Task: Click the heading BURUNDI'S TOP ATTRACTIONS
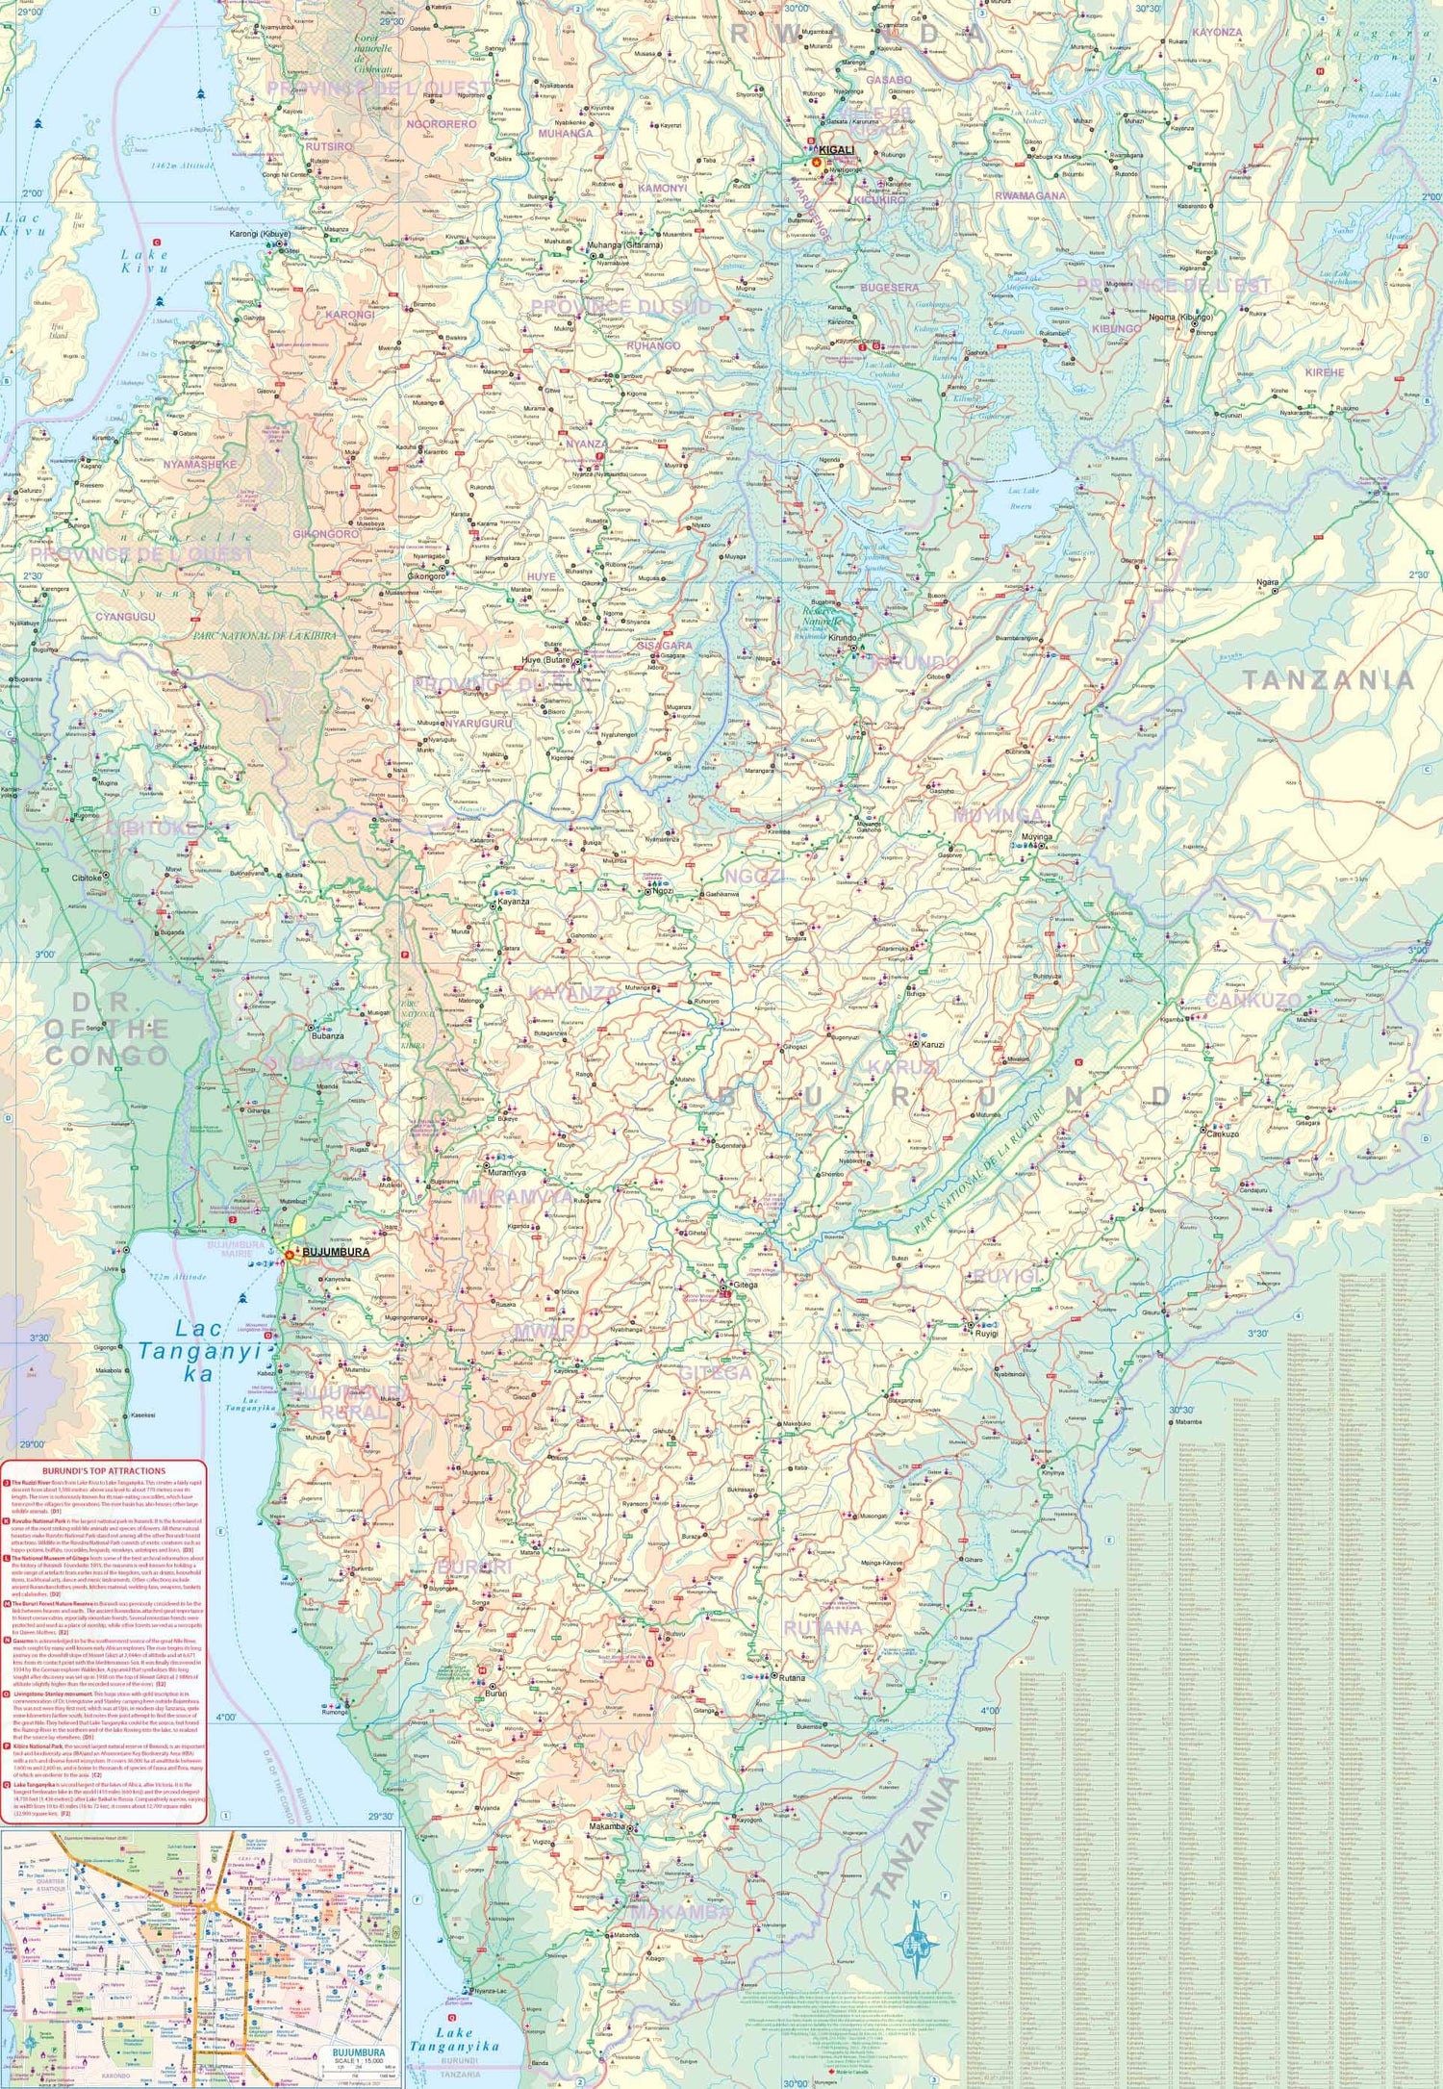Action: (x=104, y=1471)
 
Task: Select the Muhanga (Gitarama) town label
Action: (x=624, y=245)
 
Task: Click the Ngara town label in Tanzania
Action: (x=1267, y=582)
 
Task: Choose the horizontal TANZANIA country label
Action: (x=1328, y=680)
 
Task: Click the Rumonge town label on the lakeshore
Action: (x=335, y=1713)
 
